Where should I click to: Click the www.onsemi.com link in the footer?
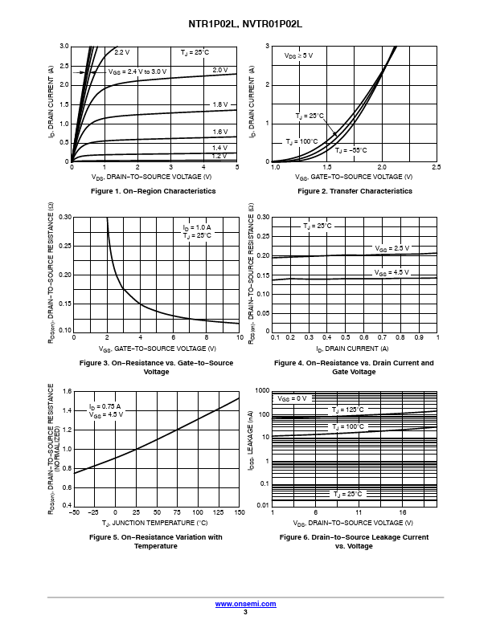245,603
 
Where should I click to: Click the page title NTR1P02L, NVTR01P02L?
245,25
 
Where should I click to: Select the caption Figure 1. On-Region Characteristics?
154,191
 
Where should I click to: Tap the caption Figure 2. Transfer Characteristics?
355,191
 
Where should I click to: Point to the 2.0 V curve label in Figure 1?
220,71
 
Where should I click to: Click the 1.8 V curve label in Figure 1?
220,105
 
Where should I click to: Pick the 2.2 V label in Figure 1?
121,52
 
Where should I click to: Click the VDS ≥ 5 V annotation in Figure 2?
299,56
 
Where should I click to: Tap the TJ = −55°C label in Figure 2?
351,150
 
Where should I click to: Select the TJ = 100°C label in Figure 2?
302,141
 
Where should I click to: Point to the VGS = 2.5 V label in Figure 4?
392,249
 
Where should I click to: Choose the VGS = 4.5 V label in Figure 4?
392,273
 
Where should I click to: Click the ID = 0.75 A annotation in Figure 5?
105,406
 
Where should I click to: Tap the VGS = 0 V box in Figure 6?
293,398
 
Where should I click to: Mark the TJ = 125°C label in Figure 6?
348,410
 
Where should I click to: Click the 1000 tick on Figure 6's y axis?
262,390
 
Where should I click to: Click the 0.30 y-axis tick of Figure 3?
65,217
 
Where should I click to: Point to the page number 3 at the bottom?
245,612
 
